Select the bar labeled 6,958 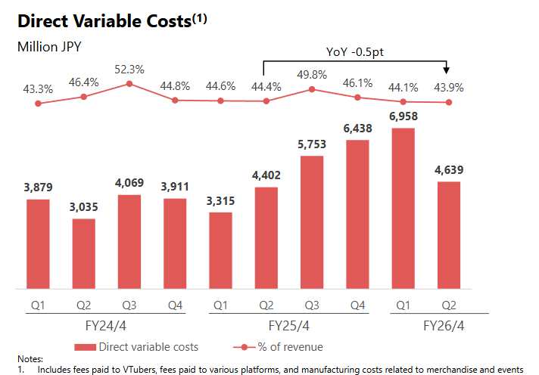point(403,208)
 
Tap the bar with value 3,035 point(83,253)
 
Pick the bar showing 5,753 point(312,222)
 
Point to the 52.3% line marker point(129,84)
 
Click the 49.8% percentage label point(312,73)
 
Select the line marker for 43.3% point(38,104)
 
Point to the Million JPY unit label point(49,47)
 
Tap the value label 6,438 point(357,129)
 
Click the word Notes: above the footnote point(30,358)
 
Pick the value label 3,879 point(38,188)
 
